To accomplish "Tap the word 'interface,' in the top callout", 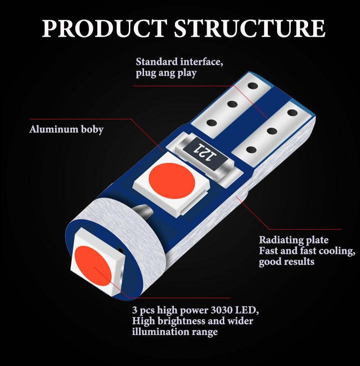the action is click(x=202, y=62).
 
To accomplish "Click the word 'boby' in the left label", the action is click(x=92, y=130).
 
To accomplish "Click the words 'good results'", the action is click(x=287, y=262).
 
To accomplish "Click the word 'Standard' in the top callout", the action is click(x=157, y=62).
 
